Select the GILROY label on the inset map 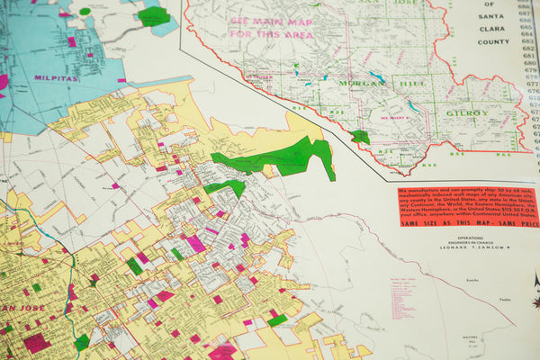tap(465, 113)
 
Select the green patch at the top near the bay tap(154, 15)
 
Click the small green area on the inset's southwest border tap(360, 137)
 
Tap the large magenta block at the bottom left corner tap(37, 343)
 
